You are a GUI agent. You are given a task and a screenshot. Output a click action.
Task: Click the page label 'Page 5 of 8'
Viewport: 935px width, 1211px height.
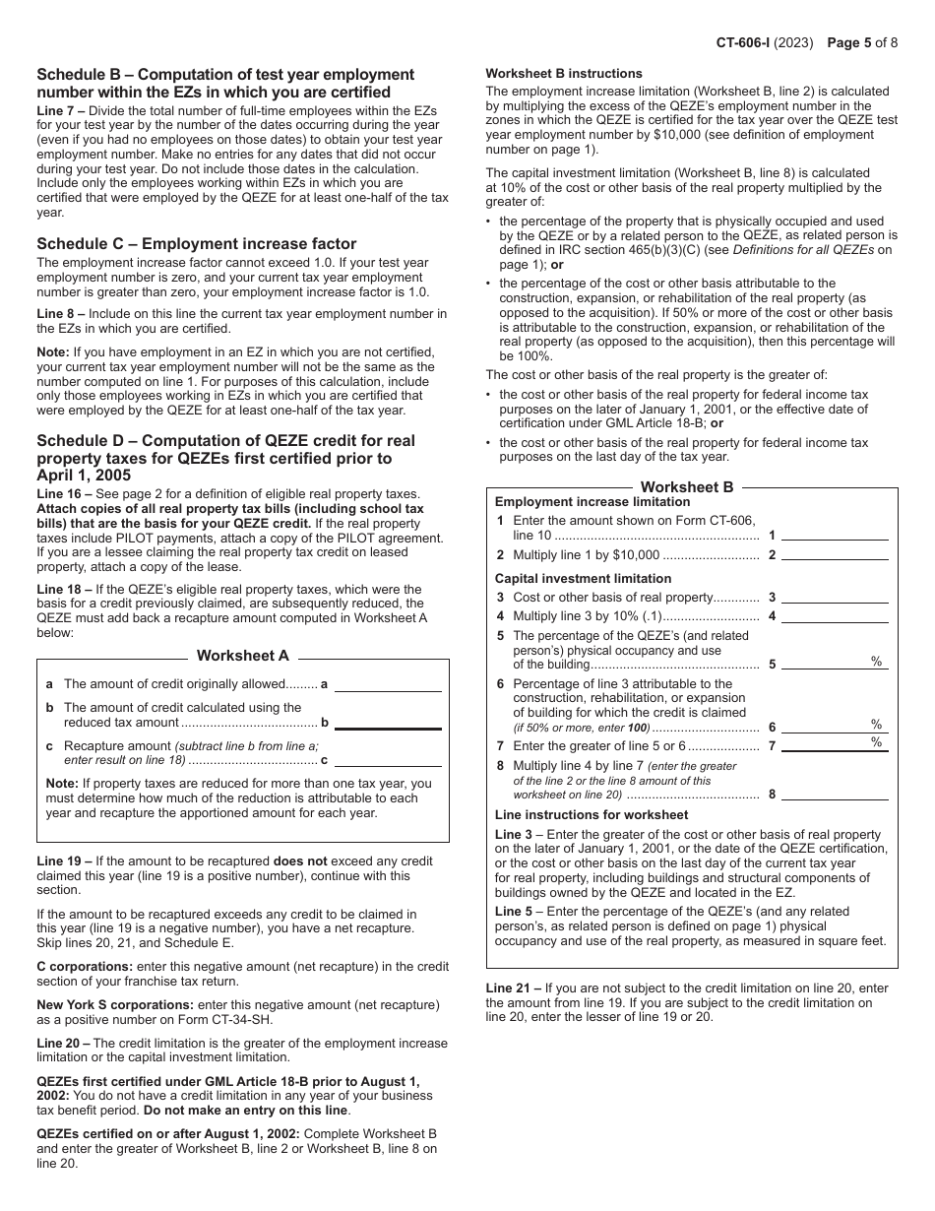click(x=862, y=43)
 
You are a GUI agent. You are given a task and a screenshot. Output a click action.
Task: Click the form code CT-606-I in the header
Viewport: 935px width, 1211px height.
click(x=750, y=43)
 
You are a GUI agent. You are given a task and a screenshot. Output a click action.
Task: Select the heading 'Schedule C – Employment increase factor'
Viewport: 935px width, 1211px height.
click(x=197, y=244)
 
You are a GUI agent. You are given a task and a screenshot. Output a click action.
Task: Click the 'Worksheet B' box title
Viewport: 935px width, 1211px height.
click(x=687, y=487)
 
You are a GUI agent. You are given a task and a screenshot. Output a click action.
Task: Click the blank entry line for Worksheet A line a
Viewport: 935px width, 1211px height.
click(x=388, y=684)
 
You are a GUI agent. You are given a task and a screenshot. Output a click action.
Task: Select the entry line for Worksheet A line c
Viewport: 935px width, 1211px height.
click(x=388, y=760)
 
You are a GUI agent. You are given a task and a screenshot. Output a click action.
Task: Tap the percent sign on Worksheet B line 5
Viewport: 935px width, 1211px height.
click(x=876, y=662)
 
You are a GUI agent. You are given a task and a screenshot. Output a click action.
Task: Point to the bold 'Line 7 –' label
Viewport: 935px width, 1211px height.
click(x=62, y=111)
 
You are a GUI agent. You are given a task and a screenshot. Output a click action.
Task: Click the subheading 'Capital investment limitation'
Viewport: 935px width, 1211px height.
click(x=583, y=579)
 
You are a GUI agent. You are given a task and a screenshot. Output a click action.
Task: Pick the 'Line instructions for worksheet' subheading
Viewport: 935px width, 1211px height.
click(x=592, y=815)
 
